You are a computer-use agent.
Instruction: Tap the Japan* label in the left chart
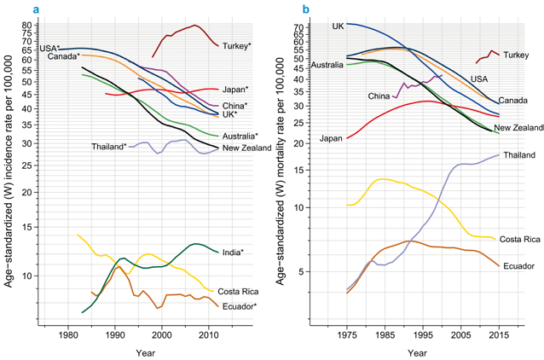[234, 90]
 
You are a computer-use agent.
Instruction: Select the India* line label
[232, 253]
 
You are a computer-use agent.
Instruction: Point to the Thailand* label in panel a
[108, 147]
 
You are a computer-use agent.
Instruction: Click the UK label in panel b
[339, 26]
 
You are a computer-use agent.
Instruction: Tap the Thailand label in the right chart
[519, 154]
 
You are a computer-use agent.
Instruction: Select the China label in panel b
[379, 96]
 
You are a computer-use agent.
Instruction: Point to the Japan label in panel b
[332, 138]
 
